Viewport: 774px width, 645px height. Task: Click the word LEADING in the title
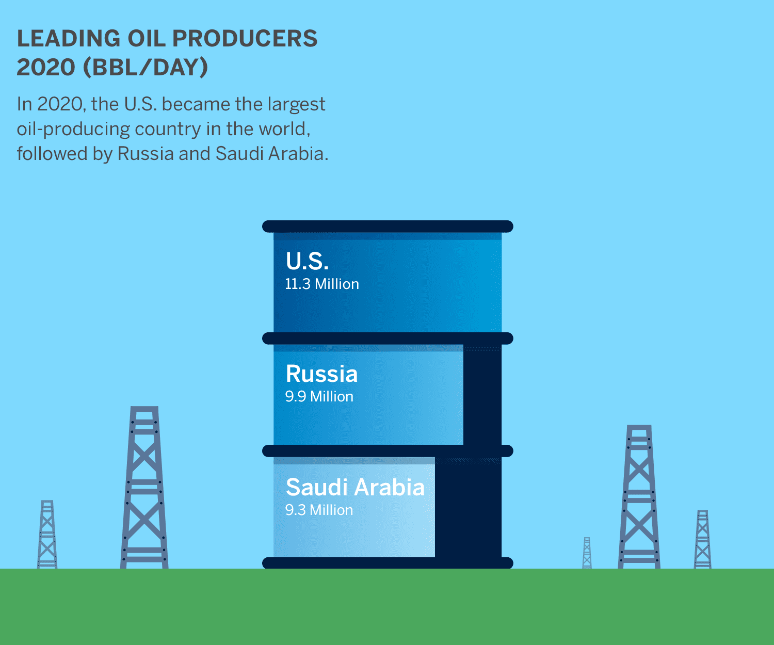click(69, 39)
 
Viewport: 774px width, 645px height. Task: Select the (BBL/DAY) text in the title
click(146, 67)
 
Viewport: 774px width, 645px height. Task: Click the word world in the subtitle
click(284, 129)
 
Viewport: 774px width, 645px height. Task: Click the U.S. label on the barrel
click(307, 261)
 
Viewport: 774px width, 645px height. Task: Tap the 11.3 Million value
click(322, 284)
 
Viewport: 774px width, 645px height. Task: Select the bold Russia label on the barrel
click(321, 374)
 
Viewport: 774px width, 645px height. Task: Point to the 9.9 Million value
click(319, 396)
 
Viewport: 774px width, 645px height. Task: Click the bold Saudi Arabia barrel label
click(355, 487)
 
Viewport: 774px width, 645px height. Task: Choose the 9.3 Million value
click(319, 510)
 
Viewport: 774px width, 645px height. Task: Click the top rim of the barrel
click(388, 227)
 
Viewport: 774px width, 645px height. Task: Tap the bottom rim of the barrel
click(388, 563)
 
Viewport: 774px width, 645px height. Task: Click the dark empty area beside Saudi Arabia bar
click(468, 508)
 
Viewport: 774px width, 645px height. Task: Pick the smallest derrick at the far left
click(47, 535)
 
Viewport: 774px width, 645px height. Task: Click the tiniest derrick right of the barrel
click(587, 553)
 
